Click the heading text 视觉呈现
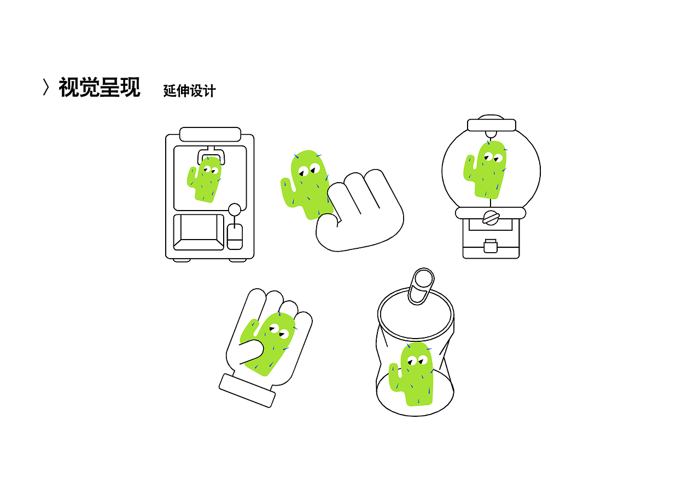100,87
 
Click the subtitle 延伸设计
189,91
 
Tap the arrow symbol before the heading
46,87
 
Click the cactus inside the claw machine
205,179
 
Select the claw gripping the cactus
211,155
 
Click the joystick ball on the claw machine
235,209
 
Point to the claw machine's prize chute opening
199,232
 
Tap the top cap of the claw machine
210,135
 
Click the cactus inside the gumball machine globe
485,170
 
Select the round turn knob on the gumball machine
491,218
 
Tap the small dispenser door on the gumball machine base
491,246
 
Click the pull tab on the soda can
421,286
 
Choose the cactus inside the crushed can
412,374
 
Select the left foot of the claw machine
182,260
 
